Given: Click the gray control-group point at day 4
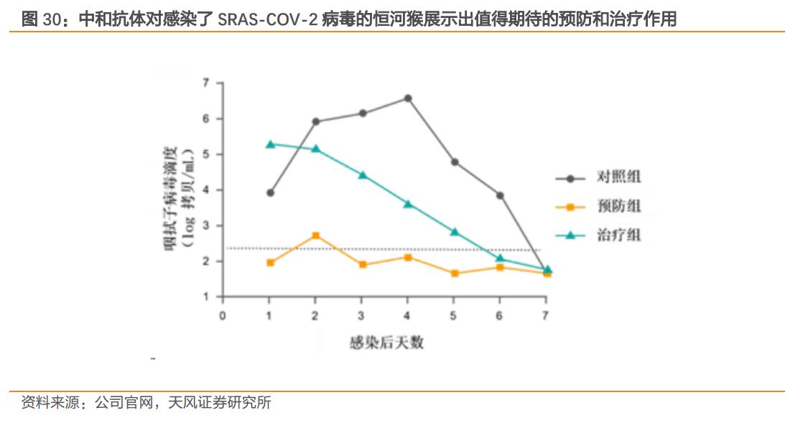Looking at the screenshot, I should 408,98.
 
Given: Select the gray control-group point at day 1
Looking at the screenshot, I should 270,192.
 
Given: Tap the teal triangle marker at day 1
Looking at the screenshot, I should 270,144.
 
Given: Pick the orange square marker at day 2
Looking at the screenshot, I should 316,236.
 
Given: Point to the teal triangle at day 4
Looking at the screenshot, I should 408,204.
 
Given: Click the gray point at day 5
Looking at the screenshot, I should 454,162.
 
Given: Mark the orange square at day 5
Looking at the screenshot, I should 454,274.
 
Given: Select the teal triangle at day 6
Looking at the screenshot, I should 501,259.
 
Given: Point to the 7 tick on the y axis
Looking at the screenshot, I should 206,83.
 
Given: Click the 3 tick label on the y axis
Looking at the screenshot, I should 206,226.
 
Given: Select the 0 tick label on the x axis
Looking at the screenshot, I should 223,315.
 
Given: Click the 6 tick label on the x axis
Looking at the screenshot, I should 500,315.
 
